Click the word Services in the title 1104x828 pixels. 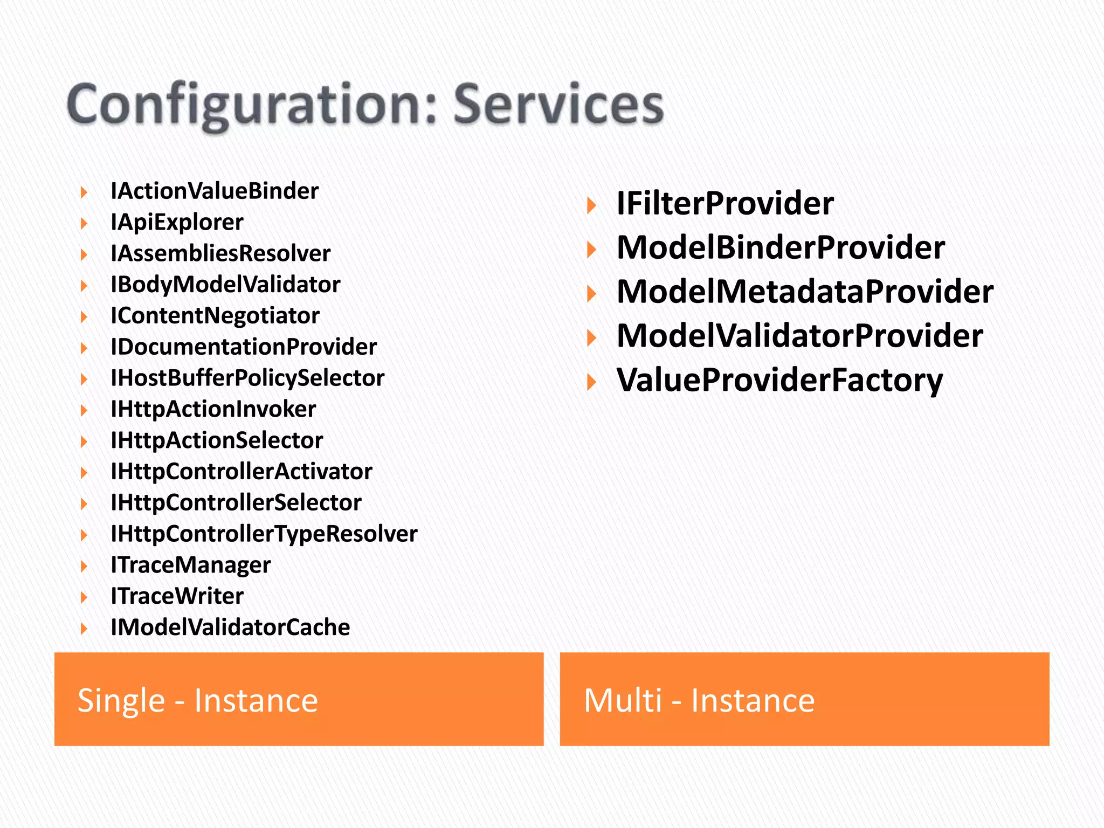pos(558,105)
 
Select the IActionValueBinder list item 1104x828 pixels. pos(215,191)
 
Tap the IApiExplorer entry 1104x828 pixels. pos(177,223)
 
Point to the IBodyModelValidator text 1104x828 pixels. pos(225,285)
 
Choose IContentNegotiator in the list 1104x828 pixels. pos(215,316)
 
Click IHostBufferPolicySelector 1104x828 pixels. pos(247,378)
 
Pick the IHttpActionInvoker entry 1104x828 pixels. pos(213,409)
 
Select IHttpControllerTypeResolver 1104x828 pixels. pos(264,534)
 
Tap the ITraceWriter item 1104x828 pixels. pos(177,596)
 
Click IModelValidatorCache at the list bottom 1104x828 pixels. pos(230,627)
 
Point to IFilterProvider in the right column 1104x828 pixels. pos(725,204)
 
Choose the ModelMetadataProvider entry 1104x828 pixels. pos(805,292)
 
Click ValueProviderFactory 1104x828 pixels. pos(779,381)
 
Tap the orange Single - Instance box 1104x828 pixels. pos(299,699)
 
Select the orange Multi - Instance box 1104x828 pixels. pos(804,699)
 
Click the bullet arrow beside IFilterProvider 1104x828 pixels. pos(591,205)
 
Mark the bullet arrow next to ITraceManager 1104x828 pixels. pos(84,566)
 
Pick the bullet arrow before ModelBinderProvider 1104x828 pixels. pos(591,250)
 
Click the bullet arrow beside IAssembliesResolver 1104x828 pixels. pos(84,254)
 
